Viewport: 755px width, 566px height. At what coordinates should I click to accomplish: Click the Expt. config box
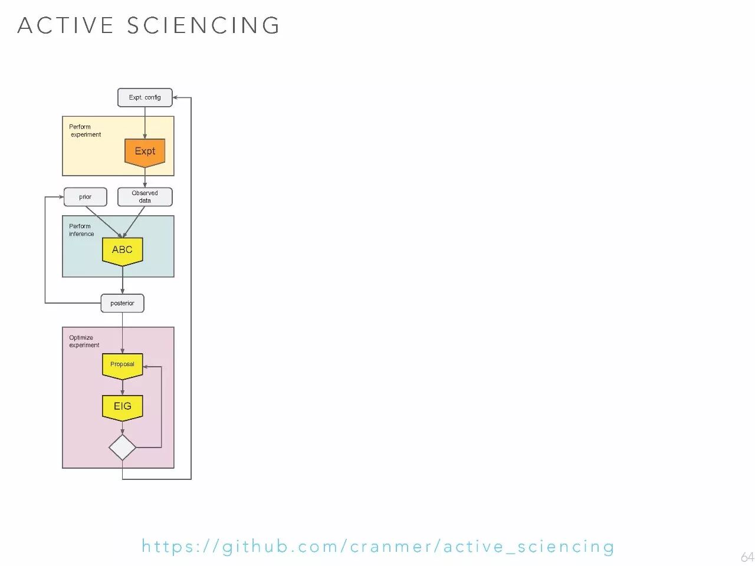click(x=145, y=97)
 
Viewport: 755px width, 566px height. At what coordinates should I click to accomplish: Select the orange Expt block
click(x=145, y=152)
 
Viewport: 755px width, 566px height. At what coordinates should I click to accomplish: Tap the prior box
click(x=85, y=197)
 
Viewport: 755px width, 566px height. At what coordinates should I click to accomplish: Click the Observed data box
click(x=145, y=197)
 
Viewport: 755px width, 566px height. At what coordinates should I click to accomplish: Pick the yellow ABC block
click(x=122, y=251)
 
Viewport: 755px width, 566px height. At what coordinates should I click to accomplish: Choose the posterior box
click(x=122, y=303)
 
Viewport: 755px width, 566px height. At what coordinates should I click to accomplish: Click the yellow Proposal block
click(x=122, y=365)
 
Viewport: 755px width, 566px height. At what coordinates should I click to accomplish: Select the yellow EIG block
click(x=122, y=407)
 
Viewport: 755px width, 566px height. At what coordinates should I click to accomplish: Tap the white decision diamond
click(x=122, y=447)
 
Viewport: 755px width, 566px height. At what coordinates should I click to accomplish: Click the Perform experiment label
click(x=85, y=130)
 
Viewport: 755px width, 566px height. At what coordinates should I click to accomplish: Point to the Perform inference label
click(x=81, y=230)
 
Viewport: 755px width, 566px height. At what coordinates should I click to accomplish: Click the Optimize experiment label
click(x=84, y=341)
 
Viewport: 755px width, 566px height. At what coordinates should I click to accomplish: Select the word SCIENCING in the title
click(x=203, y=25)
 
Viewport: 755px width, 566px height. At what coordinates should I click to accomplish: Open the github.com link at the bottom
click(x=377, y=547)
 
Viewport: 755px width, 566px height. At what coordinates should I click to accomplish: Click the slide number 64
click(x=747, y=557)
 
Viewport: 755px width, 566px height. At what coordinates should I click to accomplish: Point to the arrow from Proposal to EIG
click(x=122, y=387)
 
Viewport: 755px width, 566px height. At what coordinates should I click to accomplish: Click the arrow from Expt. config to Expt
click(x=145, y=123)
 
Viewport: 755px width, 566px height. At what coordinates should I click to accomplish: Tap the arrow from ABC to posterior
click(x=122, y=280)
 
